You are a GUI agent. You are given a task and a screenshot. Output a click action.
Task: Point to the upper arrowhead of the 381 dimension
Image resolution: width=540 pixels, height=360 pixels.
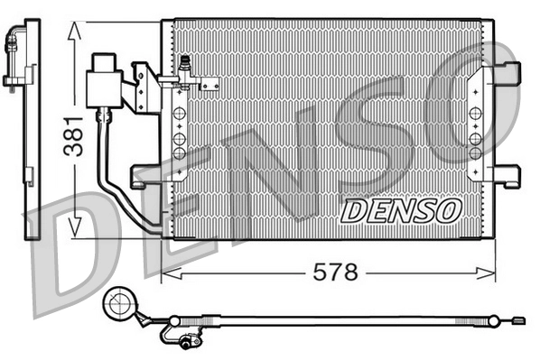(x=76, y=30)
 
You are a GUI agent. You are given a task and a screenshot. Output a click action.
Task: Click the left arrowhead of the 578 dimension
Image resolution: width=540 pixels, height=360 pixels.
(x=168, y=271)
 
